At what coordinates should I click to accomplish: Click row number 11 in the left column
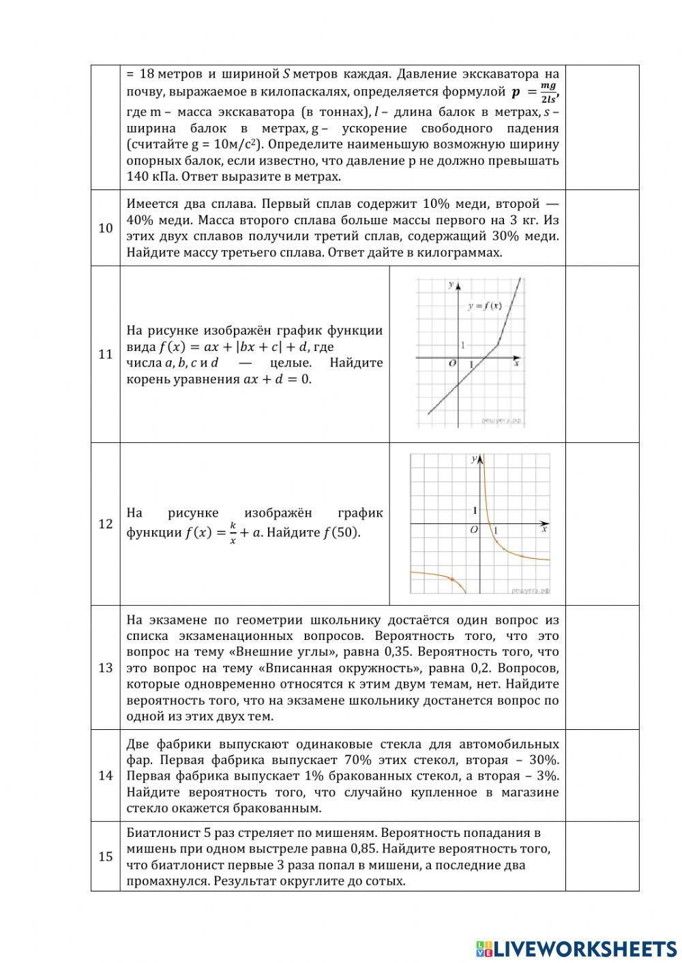coord(105,354)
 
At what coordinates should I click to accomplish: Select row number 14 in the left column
coord(105,776)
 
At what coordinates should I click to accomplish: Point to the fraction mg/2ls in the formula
coord(548,91)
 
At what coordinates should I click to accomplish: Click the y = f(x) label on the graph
coord(484,306)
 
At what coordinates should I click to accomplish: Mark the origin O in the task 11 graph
coord(452,364)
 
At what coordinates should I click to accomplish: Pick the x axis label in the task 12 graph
coord(544,529)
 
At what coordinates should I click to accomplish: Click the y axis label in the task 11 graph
coord(450,284)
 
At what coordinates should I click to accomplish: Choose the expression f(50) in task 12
coord(341,532)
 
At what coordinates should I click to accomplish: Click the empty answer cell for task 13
coord(602,667)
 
